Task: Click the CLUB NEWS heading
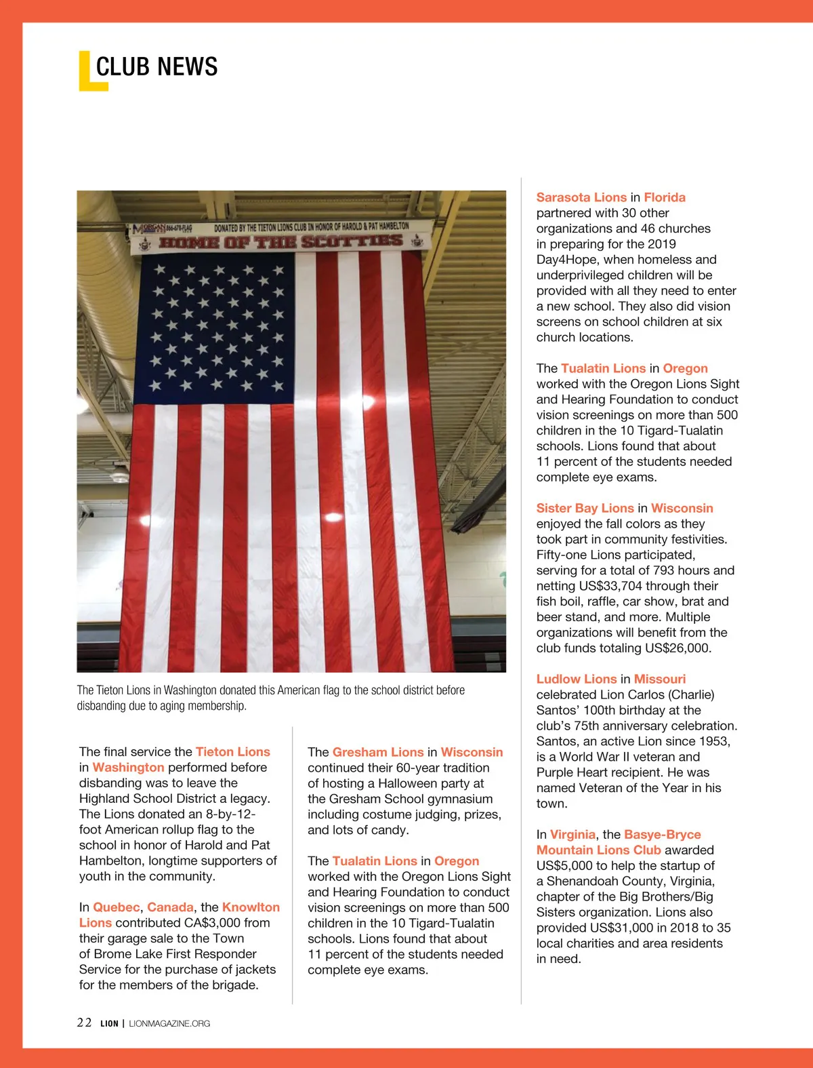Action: [157, 66]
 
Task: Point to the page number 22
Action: [84, 1023]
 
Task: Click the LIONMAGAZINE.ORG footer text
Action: [169, 1023]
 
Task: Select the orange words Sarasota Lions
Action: [581, 197]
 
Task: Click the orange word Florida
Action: [665, 197]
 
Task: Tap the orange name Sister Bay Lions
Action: [585, 508]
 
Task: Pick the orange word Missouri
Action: [660, 679]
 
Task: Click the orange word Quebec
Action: [116, 907]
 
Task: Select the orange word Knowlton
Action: [251, 907]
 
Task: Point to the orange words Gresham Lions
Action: [378, 752]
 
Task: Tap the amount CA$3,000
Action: [212, 923]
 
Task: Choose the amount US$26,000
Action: [677, 648]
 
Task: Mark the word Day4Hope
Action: [568, 260]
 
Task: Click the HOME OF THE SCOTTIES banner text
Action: [280, 242]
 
